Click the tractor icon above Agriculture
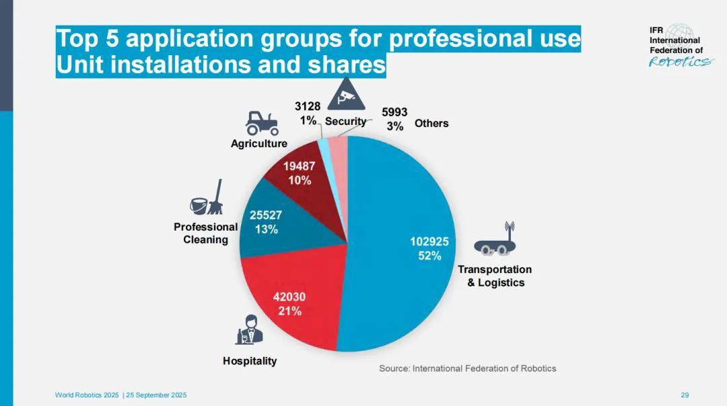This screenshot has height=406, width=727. [261, 123]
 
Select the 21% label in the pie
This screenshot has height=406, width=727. [290, 311]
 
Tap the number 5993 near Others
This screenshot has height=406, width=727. [394, 113]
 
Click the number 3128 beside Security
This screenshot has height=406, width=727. [308, 107]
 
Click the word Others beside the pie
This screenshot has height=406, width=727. [431, 124]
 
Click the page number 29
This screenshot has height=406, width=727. [685, 395]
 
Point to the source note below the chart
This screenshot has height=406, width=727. [467, 368]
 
